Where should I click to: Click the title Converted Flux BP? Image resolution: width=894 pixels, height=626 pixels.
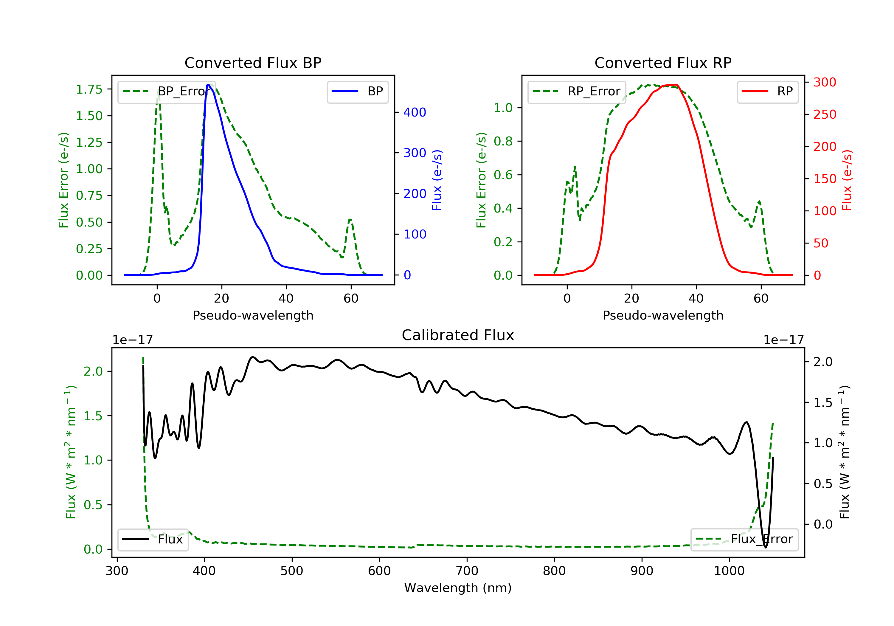[x=253, y=63]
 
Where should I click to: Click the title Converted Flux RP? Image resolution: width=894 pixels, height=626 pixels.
[x=663, y=63]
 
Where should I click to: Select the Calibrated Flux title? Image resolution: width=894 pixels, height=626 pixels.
[x=458, y=335]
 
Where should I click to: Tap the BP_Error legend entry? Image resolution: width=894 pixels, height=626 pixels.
[x=166, y=92]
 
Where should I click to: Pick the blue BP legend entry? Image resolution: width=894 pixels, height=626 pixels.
[x=357, y=92]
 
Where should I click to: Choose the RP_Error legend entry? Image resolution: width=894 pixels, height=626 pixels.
[x=576, y=92]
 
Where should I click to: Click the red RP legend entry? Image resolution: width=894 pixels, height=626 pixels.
[x=767, y=92]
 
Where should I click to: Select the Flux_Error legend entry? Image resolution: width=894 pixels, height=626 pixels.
[x=744, y=539]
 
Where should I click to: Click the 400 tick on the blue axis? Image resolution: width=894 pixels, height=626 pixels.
[x=415, y=112]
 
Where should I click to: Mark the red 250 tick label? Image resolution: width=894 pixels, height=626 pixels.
[x=825, y=114]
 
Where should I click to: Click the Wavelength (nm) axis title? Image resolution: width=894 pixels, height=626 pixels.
[x=458, y=588]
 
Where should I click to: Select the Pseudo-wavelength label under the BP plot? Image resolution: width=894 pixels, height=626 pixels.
[x=253, y=315]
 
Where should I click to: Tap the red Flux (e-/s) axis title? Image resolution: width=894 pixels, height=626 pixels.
[x=847, y=180]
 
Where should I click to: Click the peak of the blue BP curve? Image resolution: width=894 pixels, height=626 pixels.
[x=208, y=85]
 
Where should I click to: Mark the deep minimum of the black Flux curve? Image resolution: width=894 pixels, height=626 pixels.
[x=766, y=547]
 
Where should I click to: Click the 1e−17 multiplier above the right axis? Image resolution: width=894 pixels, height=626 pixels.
[x=783, y=340]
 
